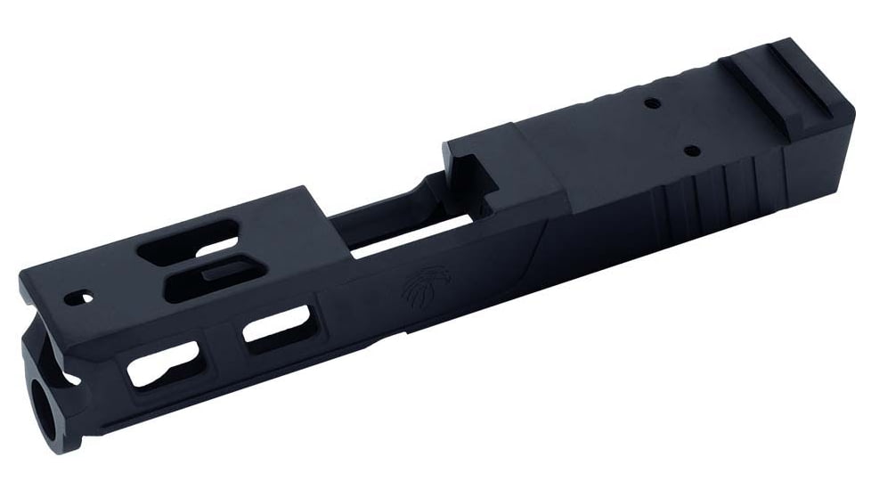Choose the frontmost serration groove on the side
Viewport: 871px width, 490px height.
(665, 203)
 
